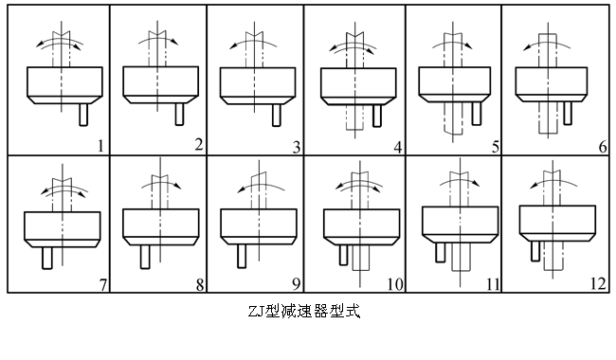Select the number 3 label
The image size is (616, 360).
point(296,145)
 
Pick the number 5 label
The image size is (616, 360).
point(494,145)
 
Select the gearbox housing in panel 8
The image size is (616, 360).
point(157,223)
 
